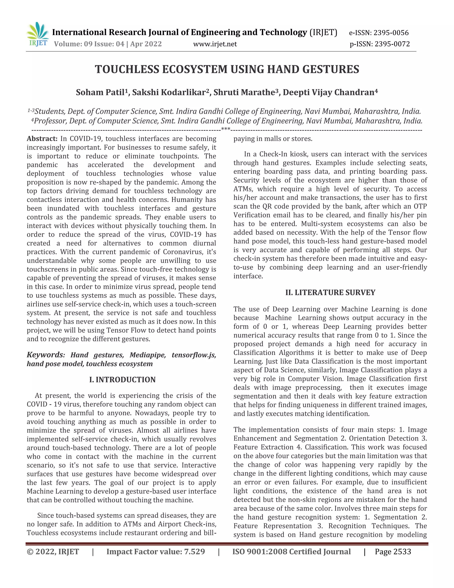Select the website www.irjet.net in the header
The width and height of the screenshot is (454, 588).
(x=215, y=44)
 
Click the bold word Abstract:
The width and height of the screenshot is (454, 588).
(x=42, y=139)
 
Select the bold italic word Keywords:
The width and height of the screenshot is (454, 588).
(x=46, y=355)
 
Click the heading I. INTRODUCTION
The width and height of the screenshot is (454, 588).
(x=122, y=380)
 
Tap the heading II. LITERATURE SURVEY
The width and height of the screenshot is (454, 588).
(x=330, y=292)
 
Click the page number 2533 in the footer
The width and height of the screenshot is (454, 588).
(x=401, y=552)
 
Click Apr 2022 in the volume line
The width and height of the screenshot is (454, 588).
(x=146, y=44)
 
